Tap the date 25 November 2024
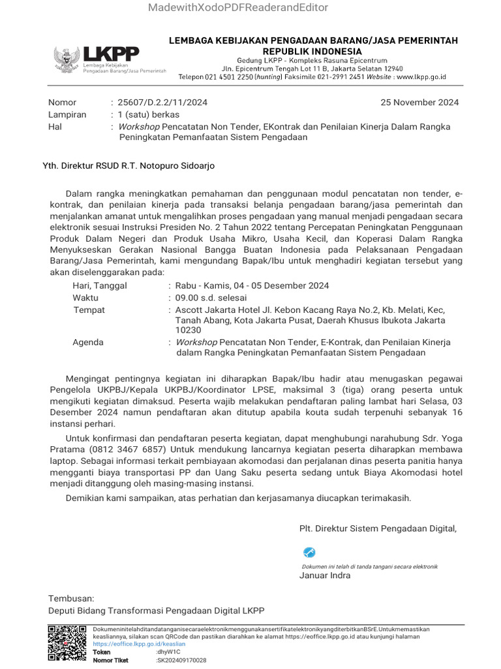419,103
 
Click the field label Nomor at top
63,103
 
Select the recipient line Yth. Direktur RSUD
129,166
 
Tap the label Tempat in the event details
89,310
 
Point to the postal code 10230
189,331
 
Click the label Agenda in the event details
87,342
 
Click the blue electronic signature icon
309,553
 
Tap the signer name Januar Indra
325,576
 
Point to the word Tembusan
71,598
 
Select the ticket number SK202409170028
182,661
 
